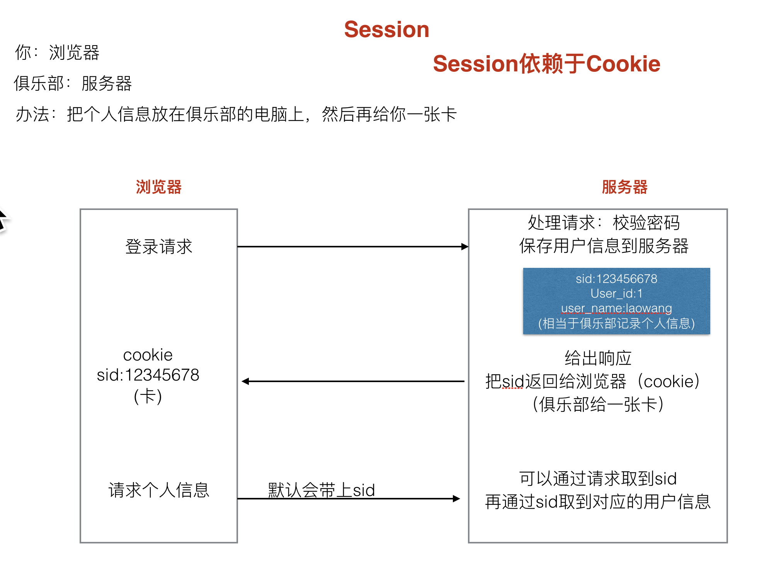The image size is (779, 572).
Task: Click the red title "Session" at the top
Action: [387, 29]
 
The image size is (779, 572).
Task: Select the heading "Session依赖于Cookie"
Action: [546, 64]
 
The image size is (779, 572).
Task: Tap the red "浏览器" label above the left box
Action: [158, 187]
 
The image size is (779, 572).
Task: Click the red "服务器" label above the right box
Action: [624, 187]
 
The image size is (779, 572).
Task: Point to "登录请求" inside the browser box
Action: [158, 246]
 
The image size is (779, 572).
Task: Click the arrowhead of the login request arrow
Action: [465, 247]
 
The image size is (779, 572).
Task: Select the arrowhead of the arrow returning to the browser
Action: [245, 381]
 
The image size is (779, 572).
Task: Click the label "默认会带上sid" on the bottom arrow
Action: [321, 490]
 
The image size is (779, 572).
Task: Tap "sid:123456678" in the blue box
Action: [616, 279]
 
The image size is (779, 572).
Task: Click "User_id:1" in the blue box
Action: [616, 293]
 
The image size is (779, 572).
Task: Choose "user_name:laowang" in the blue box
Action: [616, 308]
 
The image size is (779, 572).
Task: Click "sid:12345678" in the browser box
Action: [148, 375]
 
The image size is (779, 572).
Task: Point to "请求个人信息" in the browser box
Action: [159, 490]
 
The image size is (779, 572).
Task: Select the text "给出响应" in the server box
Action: [598, 358]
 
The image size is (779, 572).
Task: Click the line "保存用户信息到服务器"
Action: [604, 246]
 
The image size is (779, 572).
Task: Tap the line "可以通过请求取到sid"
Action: [598, 479]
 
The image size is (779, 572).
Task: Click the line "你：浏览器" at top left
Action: [57, 52]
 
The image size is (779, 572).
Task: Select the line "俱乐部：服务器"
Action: [73, 83]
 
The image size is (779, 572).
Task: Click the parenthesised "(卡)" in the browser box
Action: [148, 396]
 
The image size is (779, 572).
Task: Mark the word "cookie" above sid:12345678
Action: [148, 355]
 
